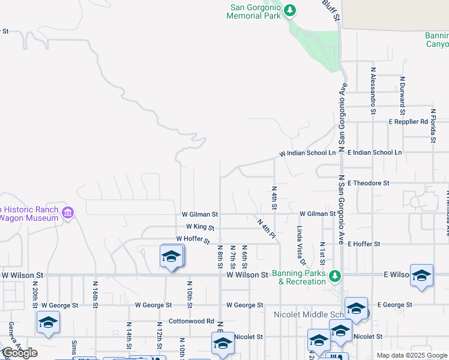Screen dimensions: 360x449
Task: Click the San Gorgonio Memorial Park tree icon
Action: point(290,10)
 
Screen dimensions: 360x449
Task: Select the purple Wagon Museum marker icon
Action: point(68,213)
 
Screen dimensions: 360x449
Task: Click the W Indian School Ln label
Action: point(308,154)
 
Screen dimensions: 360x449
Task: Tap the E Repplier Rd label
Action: point(408,122)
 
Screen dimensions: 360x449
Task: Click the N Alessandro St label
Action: point(373,94)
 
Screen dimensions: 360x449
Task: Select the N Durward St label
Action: point(403,94)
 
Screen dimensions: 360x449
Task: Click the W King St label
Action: point(200,227)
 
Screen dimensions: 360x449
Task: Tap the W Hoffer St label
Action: point(193,240)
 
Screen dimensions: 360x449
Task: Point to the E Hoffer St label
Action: point(364,244)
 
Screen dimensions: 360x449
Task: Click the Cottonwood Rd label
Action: point(191,321)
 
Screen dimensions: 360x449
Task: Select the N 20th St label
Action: point(36,293)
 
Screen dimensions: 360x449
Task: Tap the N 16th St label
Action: point(95,293)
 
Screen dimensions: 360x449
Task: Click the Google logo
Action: point(19,353)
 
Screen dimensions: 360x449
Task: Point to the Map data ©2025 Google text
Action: point(411,355)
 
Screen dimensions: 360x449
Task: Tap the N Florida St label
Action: point(433,126)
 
